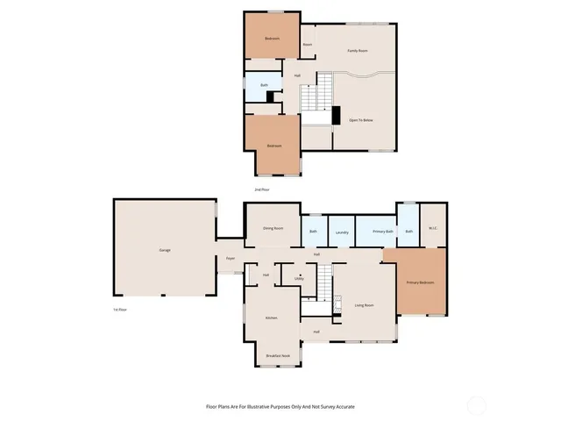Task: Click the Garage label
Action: [x=165, y=250]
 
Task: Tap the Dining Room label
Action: [x=273, y=228]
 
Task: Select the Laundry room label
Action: [x=342, y=232]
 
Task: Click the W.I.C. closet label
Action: [x=433, y=229]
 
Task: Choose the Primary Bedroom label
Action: [x=420, y=282]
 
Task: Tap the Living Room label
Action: [x=364, y=305]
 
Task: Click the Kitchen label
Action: [x=272, y=318]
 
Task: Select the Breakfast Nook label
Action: [x=279, y=355]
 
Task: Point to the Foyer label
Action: [x=231, y=259]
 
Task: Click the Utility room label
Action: [x=299, y=278]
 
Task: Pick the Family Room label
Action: [x=357, y=51]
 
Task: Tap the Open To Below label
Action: [x=361, y=119]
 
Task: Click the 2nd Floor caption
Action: [x=261, y=189]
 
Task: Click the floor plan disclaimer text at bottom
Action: [x=280, y=406]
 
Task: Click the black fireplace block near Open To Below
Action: [x=335, y=116]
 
